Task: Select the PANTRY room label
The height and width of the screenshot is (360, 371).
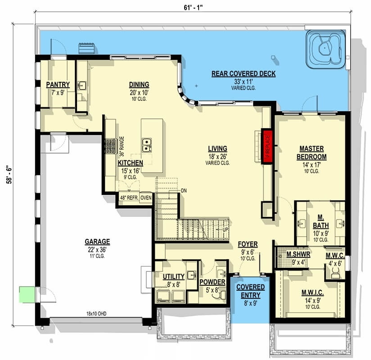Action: [58, 84]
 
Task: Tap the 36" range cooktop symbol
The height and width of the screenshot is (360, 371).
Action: [110, 145]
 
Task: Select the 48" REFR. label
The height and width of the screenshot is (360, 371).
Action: [128, 198]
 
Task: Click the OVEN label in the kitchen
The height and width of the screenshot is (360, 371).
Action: [146, 198]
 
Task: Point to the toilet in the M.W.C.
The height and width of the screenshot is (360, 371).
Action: [335, 271]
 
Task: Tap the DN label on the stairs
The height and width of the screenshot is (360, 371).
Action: [183, 191]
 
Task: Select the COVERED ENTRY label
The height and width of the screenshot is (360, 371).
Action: [250, 290]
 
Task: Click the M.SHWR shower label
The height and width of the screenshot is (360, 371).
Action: [297, 254]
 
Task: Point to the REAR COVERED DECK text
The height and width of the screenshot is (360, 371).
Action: [243, 74]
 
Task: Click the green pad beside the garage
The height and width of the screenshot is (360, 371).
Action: [26, 295]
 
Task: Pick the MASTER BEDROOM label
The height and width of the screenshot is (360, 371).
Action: [311, 153]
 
